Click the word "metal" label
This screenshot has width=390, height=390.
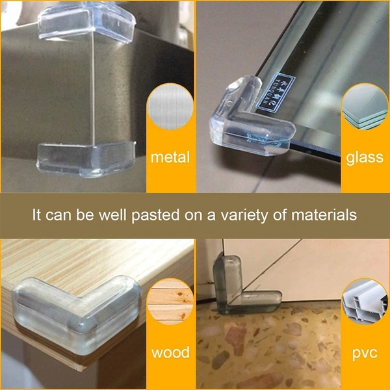(170, 157)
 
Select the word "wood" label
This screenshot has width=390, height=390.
(170, 353)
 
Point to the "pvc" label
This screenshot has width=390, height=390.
(365, 353)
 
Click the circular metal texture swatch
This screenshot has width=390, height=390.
(170, 112)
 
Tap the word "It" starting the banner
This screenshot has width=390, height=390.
(38, 215)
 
